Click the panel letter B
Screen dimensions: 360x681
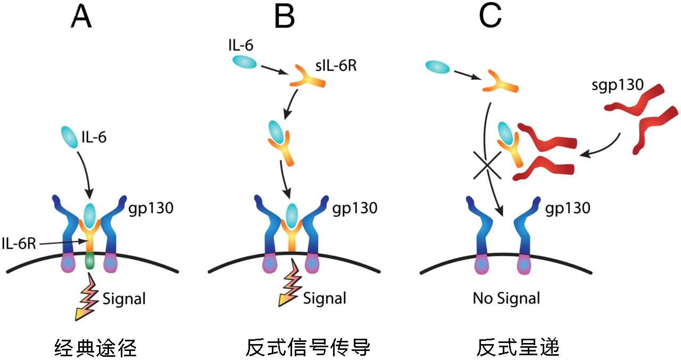284,18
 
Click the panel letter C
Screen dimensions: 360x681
490,18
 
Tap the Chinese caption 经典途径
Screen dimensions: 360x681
96,348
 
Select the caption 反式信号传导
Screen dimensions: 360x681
308,348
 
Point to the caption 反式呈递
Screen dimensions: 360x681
517,348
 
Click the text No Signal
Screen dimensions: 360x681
506,298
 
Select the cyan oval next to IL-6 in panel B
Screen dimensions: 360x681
244,62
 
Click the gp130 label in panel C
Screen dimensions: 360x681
568,207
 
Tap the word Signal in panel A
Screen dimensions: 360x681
123,299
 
